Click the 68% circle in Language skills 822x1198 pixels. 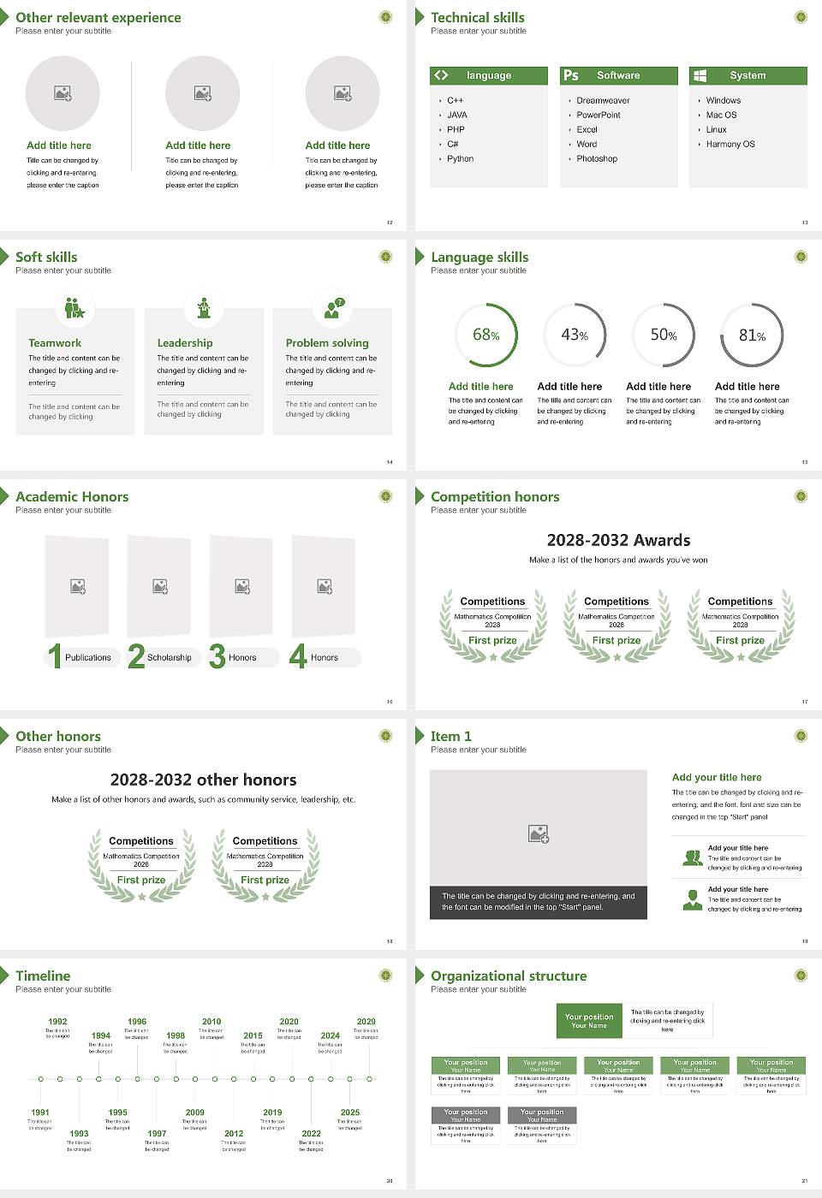click(486, 335)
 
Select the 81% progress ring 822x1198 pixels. click(752, 335)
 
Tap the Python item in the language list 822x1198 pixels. click(460, 158)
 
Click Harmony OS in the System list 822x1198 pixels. click(730, 144)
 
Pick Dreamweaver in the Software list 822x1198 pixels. click(603, 100)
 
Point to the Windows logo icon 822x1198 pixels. click(700, 75)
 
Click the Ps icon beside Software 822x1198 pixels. click(571, 75)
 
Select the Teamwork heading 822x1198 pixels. click(55, 342)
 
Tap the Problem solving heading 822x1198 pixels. click(327, 342)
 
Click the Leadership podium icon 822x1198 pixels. click(204, 307)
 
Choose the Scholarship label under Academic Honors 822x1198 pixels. click(169, 657)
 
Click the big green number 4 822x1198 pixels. click(298, 655)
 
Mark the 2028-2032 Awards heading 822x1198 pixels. click(618, 540)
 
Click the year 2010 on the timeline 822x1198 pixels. click(211, 1021)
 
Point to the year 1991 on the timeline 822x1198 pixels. click(40, 1112)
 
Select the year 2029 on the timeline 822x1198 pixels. click(366, 1021)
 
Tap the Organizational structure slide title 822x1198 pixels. click(509, 976)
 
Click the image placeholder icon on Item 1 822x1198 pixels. click(539, 833)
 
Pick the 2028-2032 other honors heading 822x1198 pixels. click(203, 780)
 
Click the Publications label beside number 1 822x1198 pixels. click(87, 657)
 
